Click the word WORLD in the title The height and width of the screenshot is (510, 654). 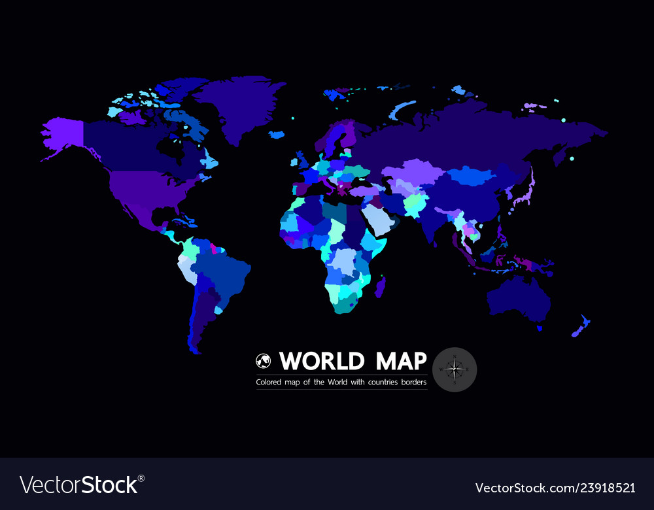pyautogui.click(x=321, y=361)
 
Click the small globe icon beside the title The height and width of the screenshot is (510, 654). pyautogui.click(x=263, y=361)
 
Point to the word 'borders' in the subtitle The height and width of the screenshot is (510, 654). pyautogui.click(x=412, y=382)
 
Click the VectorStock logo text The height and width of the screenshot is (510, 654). pyautogui.click(x=78, y=484)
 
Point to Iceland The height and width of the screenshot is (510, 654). pyautogui.click(x=277, y=135)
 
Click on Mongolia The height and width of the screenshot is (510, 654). pyautogui.click(x=473, y=175)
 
